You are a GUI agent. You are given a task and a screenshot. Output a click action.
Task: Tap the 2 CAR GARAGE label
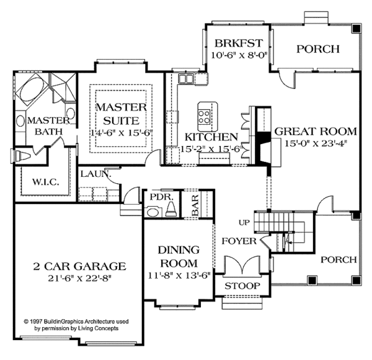point(80,266)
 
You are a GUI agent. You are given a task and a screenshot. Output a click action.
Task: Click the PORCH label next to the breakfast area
point(317,49)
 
